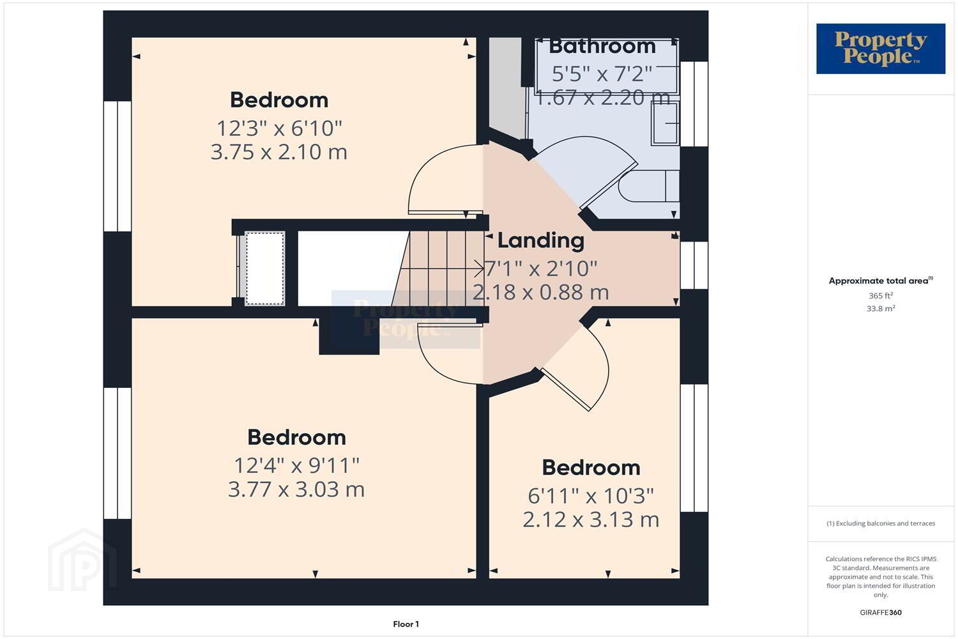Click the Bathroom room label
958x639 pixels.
(x=602, y=46)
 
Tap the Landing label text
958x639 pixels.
(x=540, y=241)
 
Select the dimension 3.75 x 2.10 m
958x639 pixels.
(x=279, y=152)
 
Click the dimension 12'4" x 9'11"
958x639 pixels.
(x=296, y=466)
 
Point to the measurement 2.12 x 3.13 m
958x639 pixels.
(x=591, y=520)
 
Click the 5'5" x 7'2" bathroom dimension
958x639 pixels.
(x=602, y=74)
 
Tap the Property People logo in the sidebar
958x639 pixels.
(x=881, y=49)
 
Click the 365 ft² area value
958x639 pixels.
(x=881, y=295)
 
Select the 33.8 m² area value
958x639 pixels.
(x=881, y=308)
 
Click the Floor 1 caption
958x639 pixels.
(x=406, y=624)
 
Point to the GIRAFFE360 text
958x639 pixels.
(x=881, y=612)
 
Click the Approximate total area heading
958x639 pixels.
(x=881, y=281)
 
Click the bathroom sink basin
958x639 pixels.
(x=665, y=124)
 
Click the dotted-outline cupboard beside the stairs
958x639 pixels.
(x=265, y=268)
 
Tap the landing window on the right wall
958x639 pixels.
(x=694, y=265)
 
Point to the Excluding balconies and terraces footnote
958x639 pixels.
(x=881, y=523)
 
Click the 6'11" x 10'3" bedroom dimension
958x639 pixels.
(x=591, y=497)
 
